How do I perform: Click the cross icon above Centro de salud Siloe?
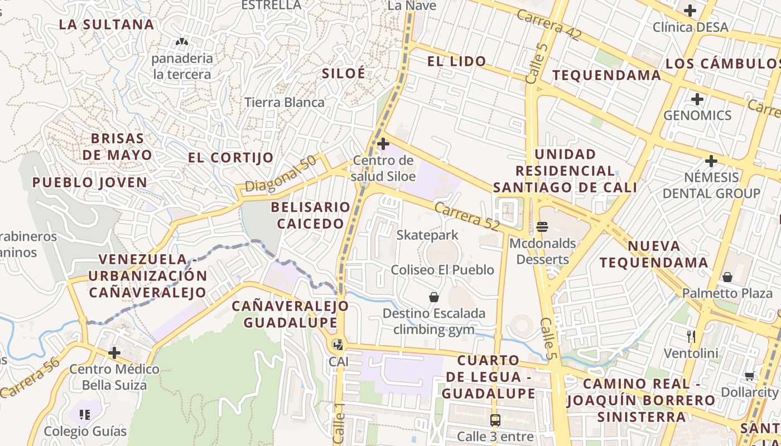pos(383,144)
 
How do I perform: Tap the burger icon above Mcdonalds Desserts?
pos(542,227)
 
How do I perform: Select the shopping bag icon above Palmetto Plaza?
pos(727,277)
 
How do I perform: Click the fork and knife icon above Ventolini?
pos(691,336)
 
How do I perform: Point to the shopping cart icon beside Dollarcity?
pos(749,376)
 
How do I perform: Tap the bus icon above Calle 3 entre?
pos(495,420)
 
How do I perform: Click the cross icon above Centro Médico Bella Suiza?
pos(114,353)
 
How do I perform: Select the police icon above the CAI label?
pos(338,345)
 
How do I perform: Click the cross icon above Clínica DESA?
pos(690,11)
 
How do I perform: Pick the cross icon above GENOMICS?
pos(697,100)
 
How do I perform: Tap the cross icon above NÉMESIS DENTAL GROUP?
pos(711,162)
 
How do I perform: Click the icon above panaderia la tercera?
pos(182,42)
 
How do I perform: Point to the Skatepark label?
pos(427,235)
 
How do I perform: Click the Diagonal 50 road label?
pos(281,174)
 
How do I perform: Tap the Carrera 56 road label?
pos(30,378)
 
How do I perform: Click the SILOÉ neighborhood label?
pos(343,73)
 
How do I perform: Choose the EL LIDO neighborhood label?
pos(456,61)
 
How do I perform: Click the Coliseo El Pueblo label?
pos(442,270)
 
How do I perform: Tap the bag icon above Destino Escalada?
pos(433,297)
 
